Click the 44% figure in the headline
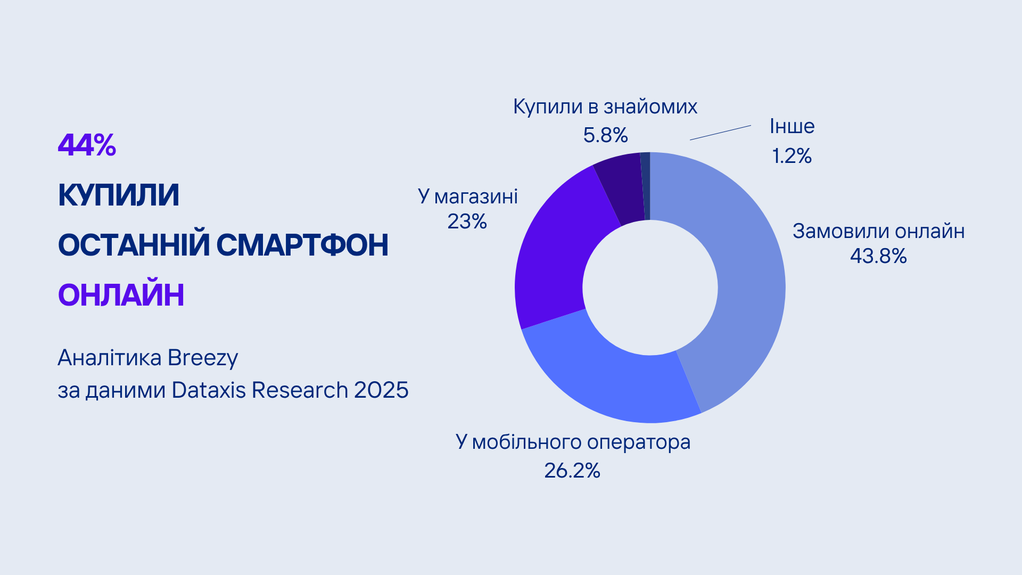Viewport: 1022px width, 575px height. coord(87,145)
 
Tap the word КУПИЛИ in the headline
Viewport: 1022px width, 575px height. coord(118,195)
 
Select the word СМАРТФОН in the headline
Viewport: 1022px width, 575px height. coord(302,245)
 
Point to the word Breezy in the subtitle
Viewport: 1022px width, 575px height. coord(203,358)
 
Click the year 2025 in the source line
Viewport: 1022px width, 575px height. coord(381,390)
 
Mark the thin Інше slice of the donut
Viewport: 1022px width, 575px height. coord(645,186)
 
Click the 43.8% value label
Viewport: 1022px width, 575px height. coord(878,256)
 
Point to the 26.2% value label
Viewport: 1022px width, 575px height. coord(572,471)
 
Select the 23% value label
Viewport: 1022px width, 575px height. coord(467,221)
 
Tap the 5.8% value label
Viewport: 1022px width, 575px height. coord(605,135)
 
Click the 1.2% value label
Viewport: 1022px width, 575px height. coord(792,156)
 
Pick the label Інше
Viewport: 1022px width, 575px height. coord(792,127)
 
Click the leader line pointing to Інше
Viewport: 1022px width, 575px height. coord(721,133)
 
